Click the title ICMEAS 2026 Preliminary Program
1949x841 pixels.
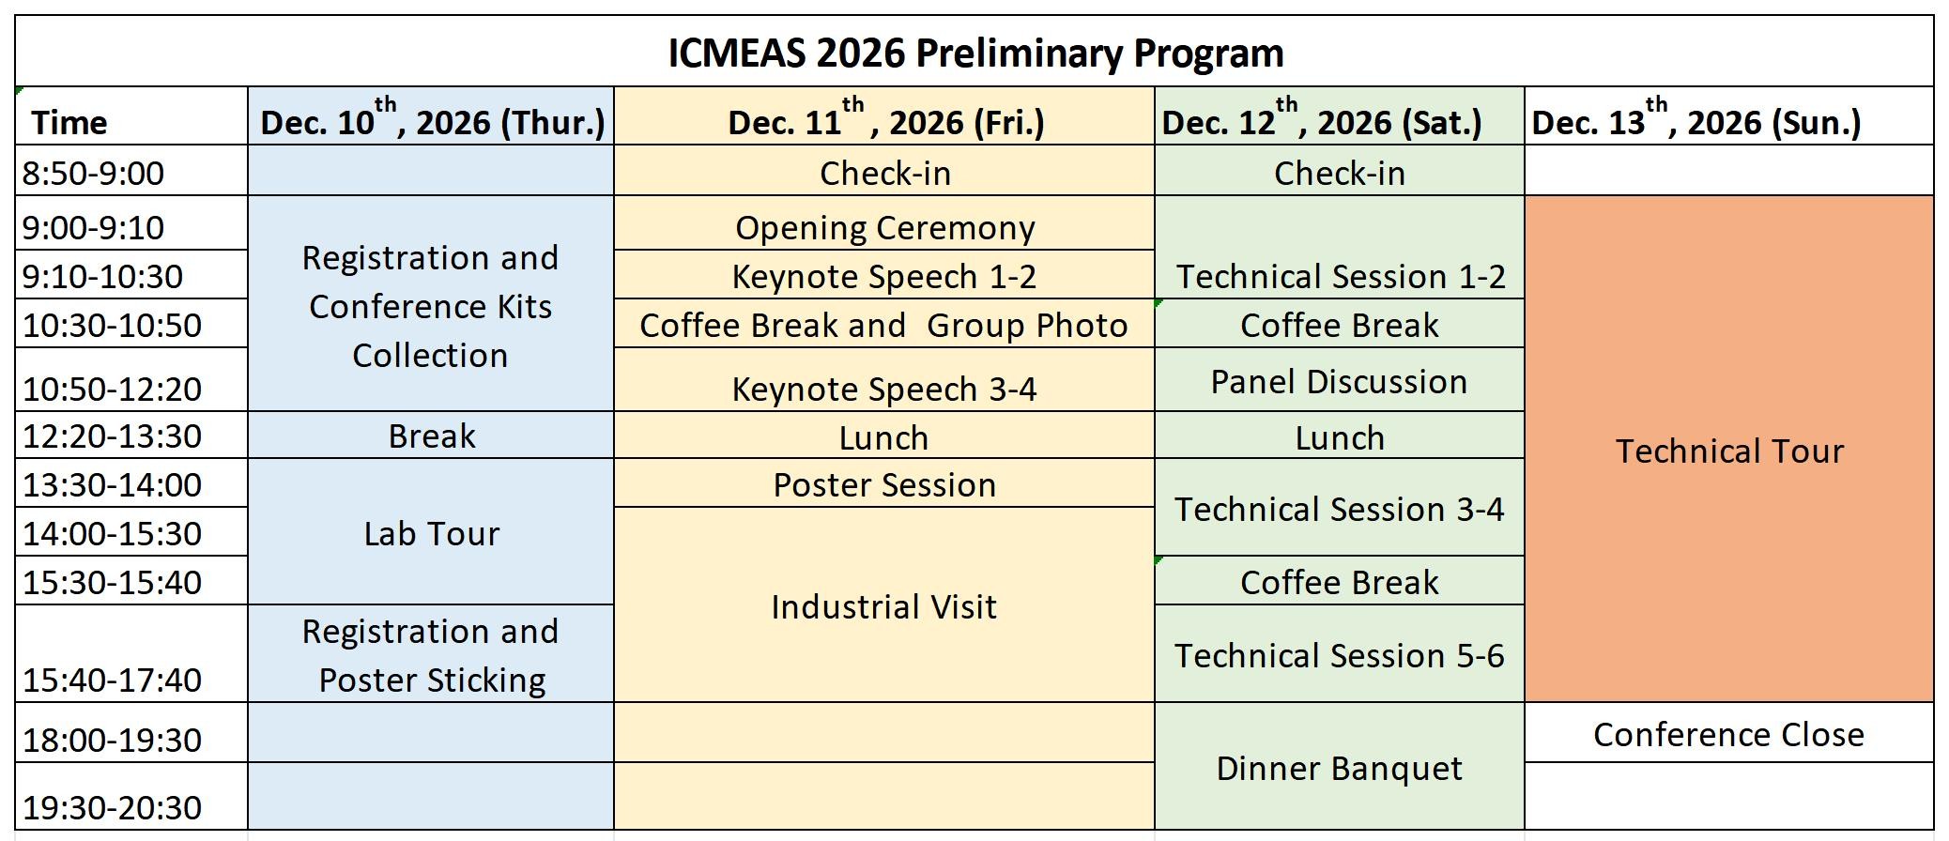975,53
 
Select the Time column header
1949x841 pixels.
69,122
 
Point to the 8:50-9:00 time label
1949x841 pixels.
93,173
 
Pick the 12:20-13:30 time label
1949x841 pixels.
112,436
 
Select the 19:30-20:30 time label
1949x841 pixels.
112,807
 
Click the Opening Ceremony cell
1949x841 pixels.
884,228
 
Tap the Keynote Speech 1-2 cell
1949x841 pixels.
884,277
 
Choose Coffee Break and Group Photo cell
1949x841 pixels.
883,326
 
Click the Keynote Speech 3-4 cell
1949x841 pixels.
884,390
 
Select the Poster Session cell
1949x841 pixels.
884,485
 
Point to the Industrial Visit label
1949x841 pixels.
883,607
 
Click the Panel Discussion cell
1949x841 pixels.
1339,382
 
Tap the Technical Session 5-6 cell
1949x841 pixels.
1340,656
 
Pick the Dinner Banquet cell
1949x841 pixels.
1339,769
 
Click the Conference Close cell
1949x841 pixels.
1728,735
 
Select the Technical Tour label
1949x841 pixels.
1729,451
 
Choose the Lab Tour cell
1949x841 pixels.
432,534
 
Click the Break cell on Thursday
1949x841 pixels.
432,436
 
